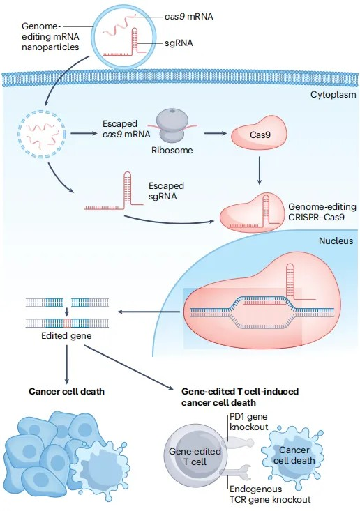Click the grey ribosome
pos(172,125)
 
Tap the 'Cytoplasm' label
pos(333,95)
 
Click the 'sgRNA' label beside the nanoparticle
pos(179,43)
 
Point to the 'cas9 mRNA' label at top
pos(189,17)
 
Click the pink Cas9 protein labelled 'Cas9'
pos(259,135)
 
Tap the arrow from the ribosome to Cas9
pos(215,133)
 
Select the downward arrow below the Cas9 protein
pos(260,171)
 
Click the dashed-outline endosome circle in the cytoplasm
pos(41,134)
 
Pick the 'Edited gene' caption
pos(66,335)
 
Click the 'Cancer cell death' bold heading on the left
pos(66,391)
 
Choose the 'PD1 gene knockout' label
pos(249,422)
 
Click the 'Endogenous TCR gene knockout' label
pos(270,494)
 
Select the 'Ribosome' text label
pos(172,151)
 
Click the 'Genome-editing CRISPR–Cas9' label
pos(322,212)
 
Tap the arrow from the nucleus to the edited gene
pos(149,312)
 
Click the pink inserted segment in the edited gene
pos(67,323)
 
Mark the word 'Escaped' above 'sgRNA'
pos(166,185)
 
